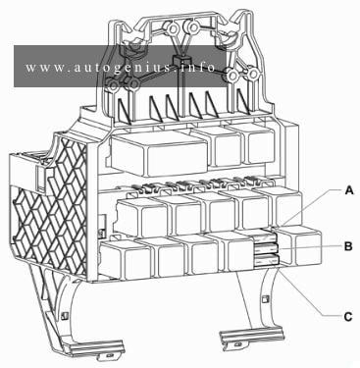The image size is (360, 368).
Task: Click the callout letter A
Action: coord(349,190)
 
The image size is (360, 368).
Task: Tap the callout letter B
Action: coord(348,246)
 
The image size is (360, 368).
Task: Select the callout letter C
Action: coord(348,316)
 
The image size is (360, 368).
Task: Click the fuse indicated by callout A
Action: coord(266,236)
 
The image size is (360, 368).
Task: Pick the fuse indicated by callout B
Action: coord(267,249)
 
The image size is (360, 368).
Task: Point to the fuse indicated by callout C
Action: coord(267,261)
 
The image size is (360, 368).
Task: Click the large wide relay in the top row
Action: coord(160,153)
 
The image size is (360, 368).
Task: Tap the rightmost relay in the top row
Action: coord(257,143)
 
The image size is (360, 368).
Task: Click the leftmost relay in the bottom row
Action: coord(126,259)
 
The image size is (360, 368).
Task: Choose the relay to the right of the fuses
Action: coord(300,246)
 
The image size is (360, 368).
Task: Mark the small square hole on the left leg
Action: coord(65,315)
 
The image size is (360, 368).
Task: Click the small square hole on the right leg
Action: coord(267,298)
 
